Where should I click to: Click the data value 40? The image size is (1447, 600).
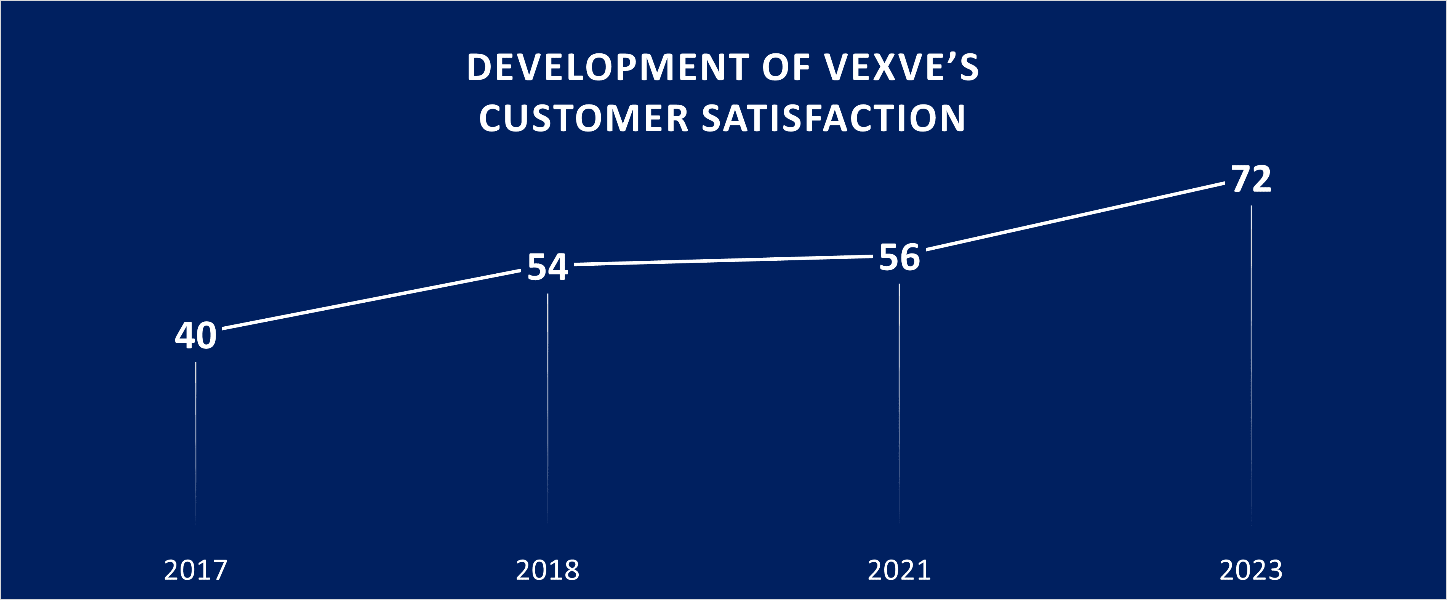(195, 335)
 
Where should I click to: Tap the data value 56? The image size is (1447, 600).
(899, 257)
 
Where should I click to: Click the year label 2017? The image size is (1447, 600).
(195, 570)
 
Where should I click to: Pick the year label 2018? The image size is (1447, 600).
(548, 570)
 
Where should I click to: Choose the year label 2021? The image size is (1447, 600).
(899, 570)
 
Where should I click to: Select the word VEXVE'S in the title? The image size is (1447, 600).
(901, 67)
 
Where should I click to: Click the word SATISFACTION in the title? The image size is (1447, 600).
(834, 119)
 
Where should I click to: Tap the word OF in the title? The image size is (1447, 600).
(786, 67)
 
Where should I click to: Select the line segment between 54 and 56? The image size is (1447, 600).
(723, 260)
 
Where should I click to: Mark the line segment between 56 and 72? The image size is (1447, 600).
(1075, 216)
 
